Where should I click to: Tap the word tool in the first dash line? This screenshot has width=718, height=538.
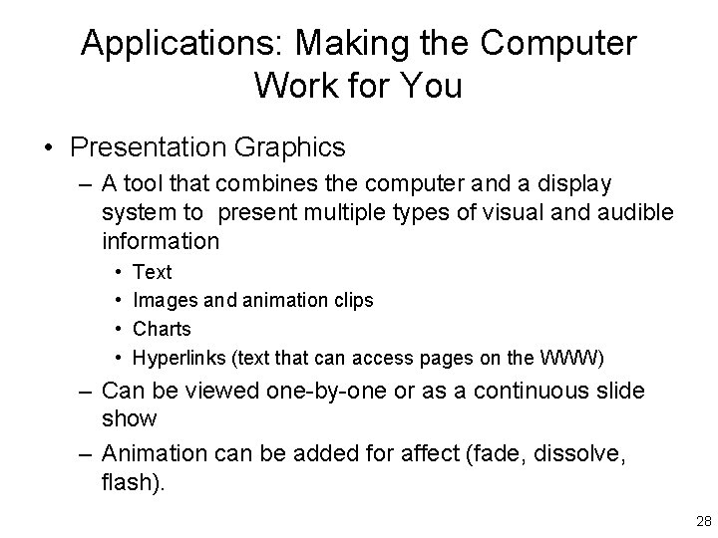point(149,185)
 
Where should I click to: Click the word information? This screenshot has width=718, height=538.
point(161,241)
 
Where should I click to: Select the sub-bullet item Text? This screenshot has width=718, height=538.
point(153,272)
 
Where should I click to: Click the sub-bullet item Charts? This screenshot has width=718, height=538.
point(162,329)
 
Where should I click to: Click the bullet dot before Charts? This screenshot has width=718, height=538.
point(120,329)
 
